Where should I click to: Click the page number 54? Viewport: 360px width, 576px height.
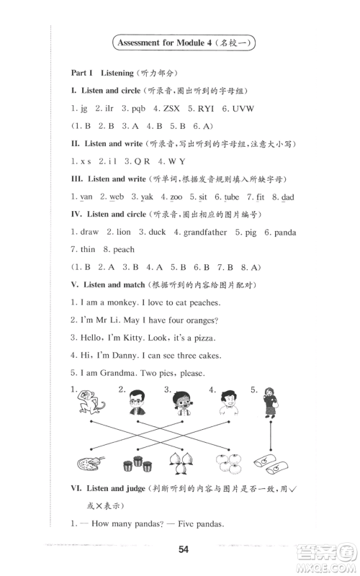tap(183, 550)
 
